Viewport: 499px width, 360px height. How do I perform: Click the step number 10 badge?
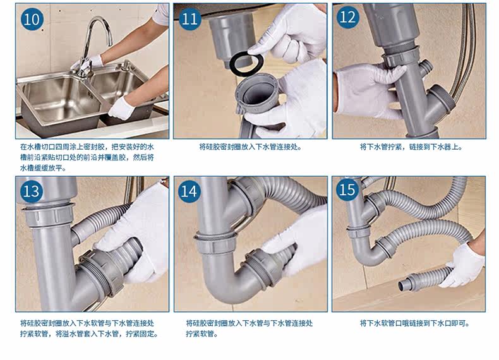(x=32, y=20)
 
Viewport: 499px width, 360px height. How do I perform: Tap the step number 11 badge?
(x=190, y=19)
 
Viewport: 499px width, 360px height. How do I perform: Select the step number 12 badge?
(x=348, y=17)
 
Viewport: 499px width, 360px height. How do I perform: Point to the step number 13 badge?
(x=32, y=191)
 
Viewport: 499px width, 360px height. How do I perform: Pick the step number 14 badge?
(x=189, y=191)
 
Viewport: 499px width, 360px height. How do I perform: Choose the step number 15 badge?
(x=347, y=189)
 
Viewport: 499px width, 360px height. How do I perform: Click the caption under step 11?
(x=251, y=147)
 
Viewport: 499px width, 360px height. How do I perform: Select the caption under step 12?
(x=411, y=147)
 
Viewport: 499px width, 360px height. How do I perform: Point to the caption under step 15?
(x=414, y=323)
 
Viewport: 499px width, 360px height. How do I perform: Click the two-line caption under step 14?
(x=249, y=328)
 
